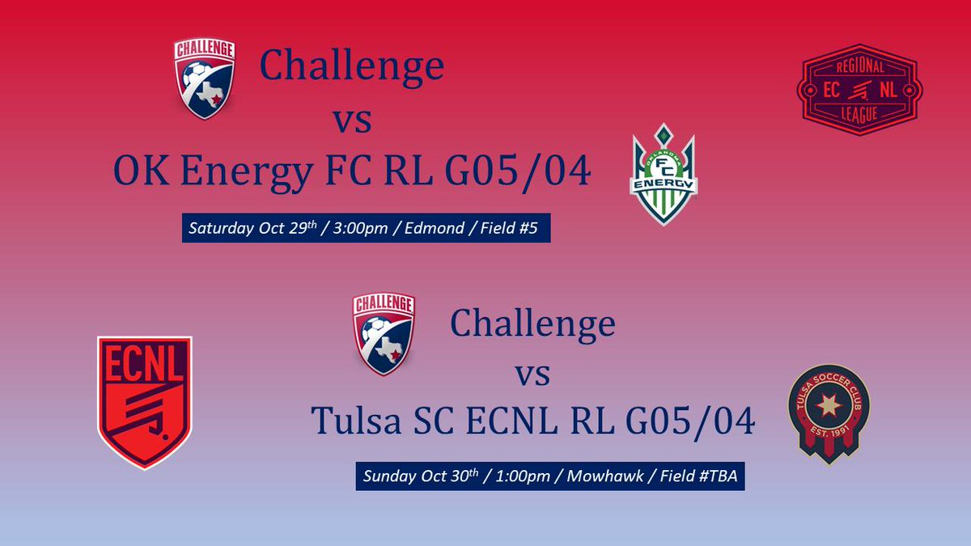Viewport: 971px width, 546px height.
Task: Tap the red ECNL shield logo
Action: (144, 401)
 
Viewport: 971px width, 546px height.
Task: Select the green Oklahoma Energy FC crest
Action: (664, 173)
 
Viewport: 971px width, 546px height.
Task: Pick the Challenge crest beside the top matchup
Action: (205, 78)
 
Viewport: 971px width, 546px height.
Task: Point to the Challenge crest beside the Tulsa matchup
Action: (384, 334)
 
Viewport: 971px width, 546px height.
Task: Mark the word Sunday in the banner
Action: (387, 475)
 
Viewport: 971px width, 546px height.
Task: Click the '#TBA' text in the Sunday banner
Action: (717, 475)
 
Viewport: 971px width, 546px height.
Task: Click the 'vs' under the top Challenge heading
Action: (353, 121)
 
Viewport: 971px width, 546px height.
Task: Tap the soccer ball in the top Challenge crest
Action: (194, 78)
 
